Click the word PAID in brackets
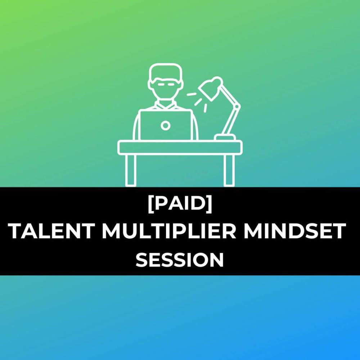[180, 204]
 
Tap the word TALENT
[51, 231]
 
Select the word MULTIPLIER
[169, 231]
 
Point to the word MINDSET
[294, 231]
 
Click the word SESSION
[180, 260]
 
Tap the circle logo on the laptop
[165, 126]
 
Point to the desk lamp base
[225, 138]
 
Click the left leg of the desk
[131, 170]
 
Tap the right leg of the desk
[229, 170]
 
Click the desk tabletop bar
[180, 147]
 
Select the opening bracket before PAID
[150, 204]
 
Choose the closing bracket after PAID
[210, 204]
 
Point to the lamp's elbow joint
[237, 107]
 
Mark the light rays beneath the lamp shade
[197, 101]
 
